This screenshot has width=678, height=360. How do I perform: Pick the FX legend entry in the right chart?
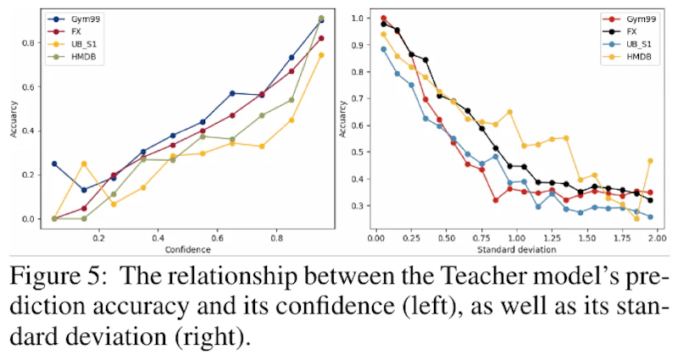631,30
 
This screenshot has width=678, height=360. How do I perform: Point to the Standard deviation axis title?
517,250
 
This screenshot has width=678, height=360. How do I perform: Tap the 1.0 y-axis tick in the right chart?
361,18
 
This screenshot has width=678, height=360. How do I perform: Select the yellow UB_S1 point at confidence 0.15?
84,163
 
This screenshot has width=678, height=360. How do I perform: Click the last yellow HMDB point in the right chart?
650,161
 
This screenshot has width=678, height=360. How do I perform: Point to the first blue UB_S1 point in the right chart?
384,49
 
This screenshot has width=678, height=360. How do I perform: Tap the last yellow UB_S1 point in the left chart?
320,55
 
